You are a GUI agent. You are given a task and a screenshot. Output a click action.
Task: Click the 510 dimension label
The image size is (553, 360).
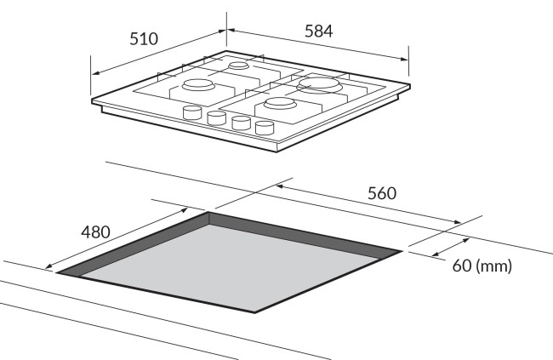click(x=144, y=39)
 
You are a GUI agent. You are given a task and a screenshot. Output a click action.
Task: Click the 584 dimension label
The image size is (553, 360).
click(x=318, y=31)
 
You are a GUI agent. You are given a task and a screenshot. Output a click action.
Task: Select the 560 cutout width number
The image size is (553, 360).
click(x=382, y=193)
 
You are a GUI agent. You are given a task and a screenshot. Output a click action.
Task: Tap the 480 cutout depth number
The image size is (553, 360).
click(x=95, y=231)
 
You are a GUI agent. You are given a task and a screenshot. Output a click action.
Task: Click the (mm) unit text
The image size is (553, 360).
click(x=493, y=266)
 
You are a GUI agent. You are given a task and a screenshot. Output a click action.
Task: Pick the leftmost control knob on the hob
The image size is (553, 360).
click(x=192, y=112)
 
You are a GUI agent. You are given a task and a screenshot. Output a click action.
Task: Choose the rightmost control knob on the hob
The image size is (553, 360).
click(x=265, y=128)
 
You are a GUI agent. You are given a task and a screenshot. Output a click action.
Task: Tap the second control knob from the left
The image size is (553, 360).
click(x=216, y=118)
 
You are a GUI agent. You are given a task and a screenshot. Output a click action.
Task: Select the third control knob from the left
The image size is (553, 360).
click(x=241, y=123)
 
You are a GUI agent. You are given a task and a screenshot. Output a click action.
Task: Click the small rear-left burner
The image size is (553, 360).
click(x=239, y=66)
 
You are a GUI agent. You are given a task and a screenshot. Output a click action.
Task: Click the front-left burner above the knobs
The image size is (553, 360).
click(x=198, y=85)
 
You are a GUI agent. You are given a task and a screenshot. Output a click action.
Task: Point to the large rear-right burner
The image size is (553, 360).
click(x=319, y=85)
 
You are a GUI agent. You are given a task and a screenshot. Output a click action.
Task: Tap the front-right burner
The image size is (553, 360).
click(x=281, y=103)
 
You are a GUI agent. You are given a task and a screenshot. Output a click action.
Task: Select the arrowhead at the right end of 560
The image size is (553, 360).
click(x=457, y=221)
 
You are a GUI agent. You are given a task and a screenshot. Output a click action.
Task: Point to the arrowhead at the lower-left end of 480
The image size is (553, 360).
click(x=50, y=266)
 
